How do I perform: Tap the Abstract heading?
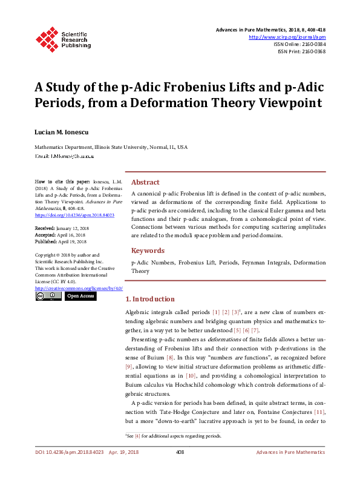coord(145,182)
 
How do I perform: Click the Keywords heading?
coord(148,251)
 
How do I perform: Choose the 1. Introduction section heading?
coord(150,299)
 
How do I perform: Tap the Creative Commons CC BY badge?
coord(48,297)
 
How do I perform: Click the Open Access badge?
coord(80,297)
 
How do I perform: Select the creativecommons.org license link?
coord(74,289)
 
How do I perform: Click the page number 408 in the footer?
coord(180,469)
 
